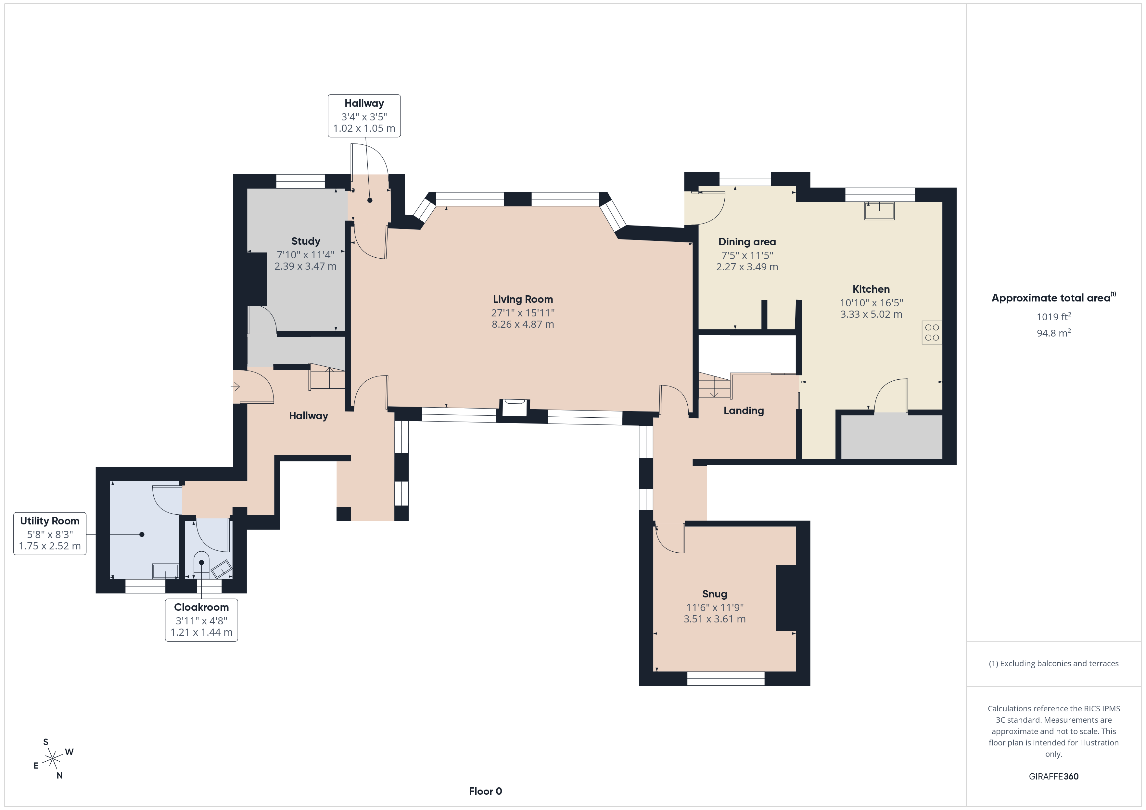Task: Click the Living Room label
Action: (x=523, y=299)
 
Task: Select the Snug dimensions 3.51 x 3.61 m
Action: (x=714, y=619)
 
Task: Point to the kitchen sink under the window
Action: (x=879, y=211)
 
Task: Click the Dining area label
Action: (x=747, y=242)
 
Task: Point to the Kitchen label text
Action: (x=871, y=289)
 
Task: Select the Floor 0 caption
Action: (x=485, y=791)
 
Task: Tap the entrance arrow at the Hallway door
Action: (x=236, y=387)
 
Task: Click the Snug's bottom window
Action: (x=726, y=678)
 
